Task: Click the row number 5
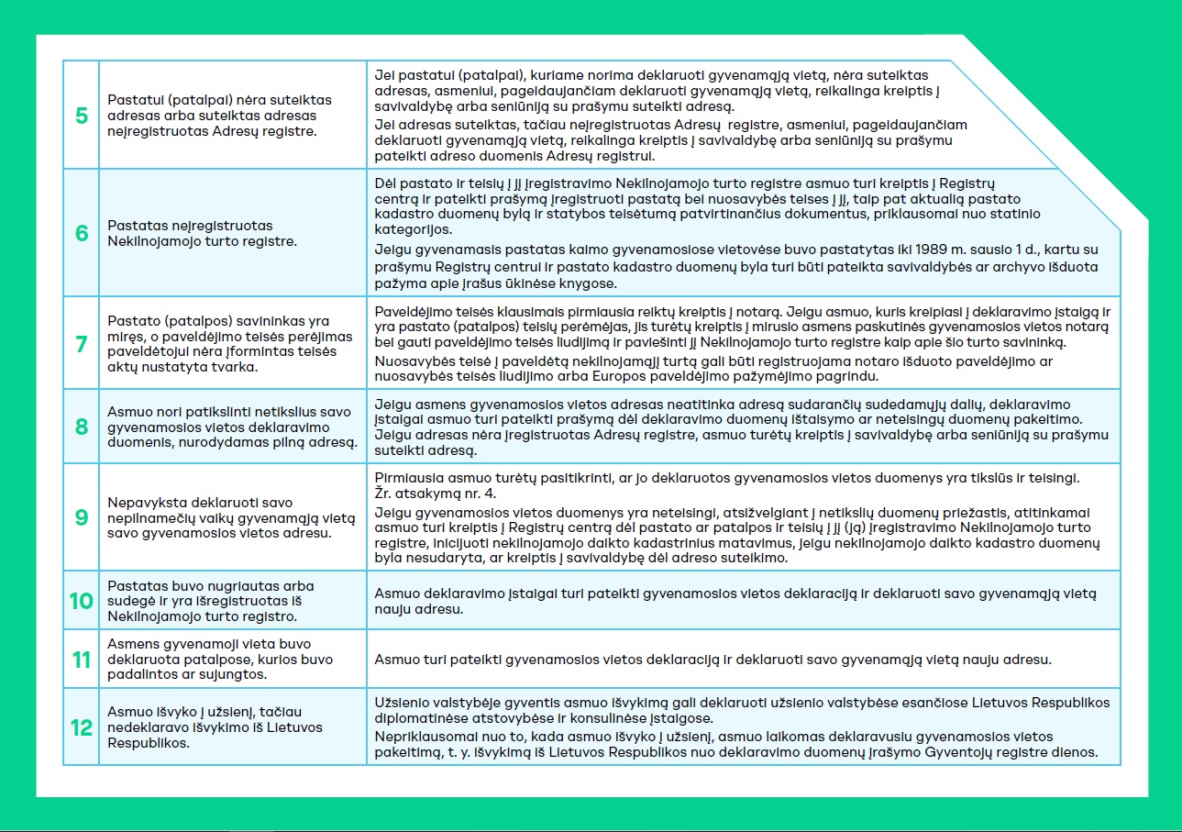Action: pyautogui.click(x=82, y=116)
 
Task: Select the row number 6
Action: pyautogui.click(x=82, y=233)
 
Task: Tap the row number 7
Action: pyautogui.click(x=82, y=344)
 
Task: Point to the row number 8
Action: pyautogui.click(x=82, y=427)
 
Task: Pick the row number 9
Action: pyautogui.click(x=82, y=517)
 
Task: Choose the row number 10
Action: pyautogui.click(x=82, y=601)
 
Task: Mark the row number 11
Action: pyautogui.click(x=82, y=660)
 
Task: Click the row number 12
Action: pyautogui.click(x=82, y=727)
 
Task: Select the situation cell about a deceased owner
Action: pyautogui.click(x=232, y=344)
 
